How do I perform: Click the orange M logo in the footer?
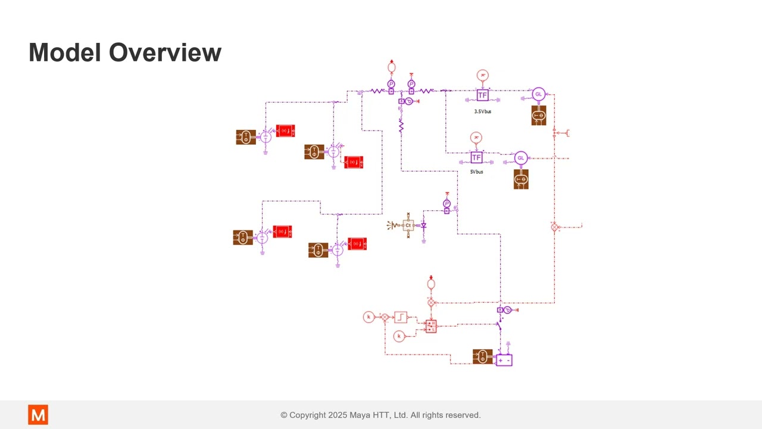[x=38, y=415]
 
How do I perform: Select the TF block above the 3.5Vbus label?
[x=482, y=95]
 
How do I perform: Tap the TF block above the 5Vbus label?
[x=476, y=157]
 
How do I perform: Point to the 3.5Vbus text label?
[x=482, y=111]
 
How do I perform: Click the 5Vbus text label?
[x=476, y=172]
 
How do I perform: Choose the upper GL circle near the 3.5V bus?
[x=538, y=94]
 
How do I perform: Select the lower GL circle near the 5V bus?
[x=521, y=158]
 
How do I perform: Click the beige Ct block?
[x=408, y=225]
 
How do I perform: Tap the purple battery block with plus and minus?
[x=504, y=360]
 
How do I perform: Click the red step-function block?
[x=401, y=317]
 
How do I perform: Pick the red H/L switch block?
[x=431, y=326]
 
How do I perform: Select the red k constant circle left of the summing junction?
[x=368, y=317]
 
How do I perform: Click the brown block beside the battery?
[x=482, y=356]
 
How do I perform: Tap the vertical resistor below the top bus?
[x=401, y=127]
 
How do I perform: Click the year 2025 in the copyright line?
[x=338, y=415]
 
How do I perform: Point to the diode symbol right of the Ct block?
[x=424, y=226]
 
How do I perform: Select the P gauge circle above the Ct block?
[x=447, y=204]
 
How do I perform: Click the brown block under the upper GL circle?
[x=538, y=116]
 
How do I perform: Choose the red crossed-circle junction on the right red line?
[x=554, y=227]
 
